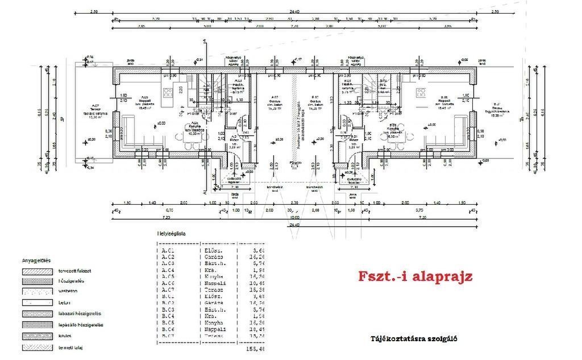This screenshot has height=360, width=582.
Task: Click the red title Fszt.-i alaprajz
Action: tap(415, 277)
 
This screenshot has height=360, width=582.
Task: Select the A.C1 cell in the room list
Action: tap(168, 250)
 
